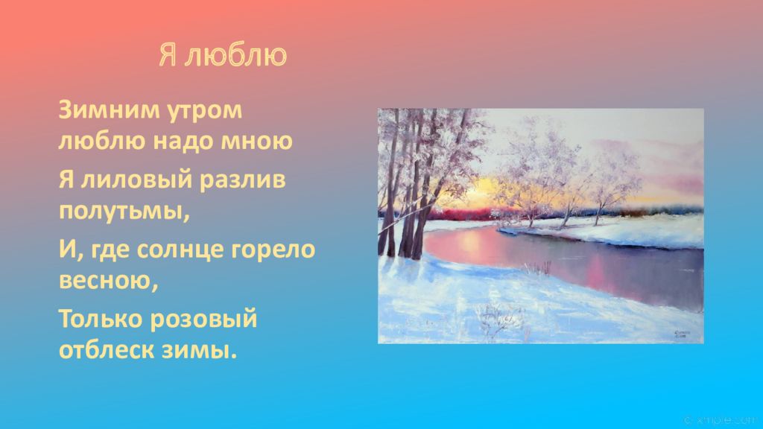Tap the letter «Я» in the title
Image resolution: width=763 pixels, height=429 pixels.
click(x=168, y=57)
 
